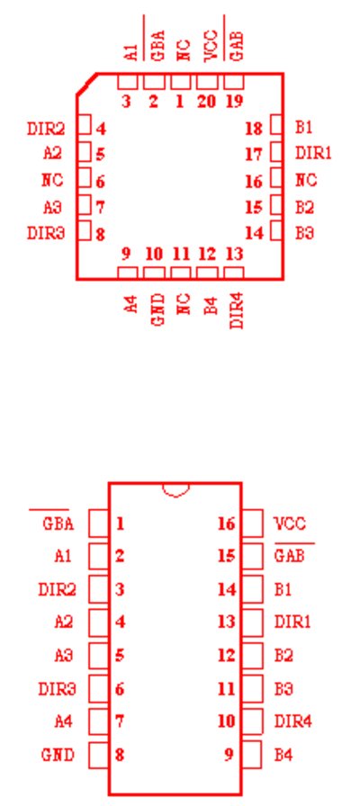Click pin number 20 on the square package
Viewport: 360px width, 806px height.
206,102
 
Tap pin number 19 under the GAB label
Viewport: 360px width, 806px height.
234,102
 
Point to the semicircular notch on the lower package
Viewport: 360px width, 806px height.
175,490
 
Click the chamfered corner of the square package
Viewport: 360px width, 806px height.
86,84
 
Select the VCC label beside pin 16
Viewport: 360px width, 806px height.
290,524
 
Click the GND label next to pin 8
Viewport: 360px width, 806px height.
58,755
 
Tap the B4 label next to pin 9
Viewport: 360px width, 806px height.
283,755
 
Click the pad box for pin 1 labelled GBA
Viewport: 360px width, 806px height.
99,524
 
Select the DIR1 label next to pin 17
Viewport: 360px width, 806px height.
313,153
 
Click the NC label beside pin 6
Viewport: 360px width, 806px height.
52,180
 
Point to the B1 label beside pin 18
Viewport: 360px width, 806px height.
304,127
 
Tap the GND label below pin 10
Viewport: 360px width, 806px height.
157,309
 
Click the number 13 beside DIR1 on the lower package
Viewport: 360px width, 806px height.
227,622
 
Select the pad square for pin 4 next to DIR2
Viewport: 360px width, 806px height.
85,124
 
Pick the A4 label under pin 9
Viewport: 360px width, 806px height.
131,303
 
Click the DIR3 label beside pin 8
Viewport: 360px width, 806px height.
46,233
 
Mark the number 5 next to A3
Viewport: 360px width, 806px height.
120,656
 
